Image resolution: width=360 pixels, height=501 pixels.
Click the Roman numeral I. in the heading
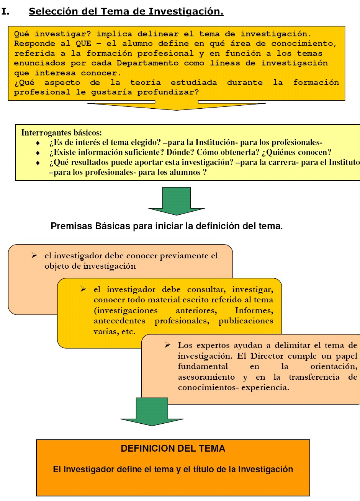[5, 11]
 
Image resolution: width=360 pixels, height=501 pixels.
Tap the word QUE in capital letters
[83, 44]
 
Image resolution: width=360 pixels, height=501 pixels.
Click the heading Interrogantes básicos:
[62, 133]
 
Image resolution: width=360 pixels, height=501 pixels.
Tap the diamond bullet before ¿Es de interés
[38, 143]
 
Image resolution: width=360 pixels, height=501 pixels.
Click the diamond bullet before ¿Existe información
[38, 153]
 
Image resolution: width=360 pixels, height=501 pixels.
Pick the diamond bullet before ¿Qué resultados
[38, 163]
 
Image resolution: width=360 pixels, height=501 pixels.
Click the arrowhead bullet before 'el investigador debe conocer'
[34, 256]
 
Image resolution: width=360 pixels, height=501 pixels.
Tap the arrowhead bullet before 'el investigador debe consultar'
[83, 289]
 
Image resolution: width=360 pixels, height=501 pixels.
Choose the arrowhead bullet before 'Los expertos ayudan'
[168, 345]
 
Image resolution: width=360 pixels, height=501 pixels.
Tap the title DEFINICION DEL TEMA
[173, 449]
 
